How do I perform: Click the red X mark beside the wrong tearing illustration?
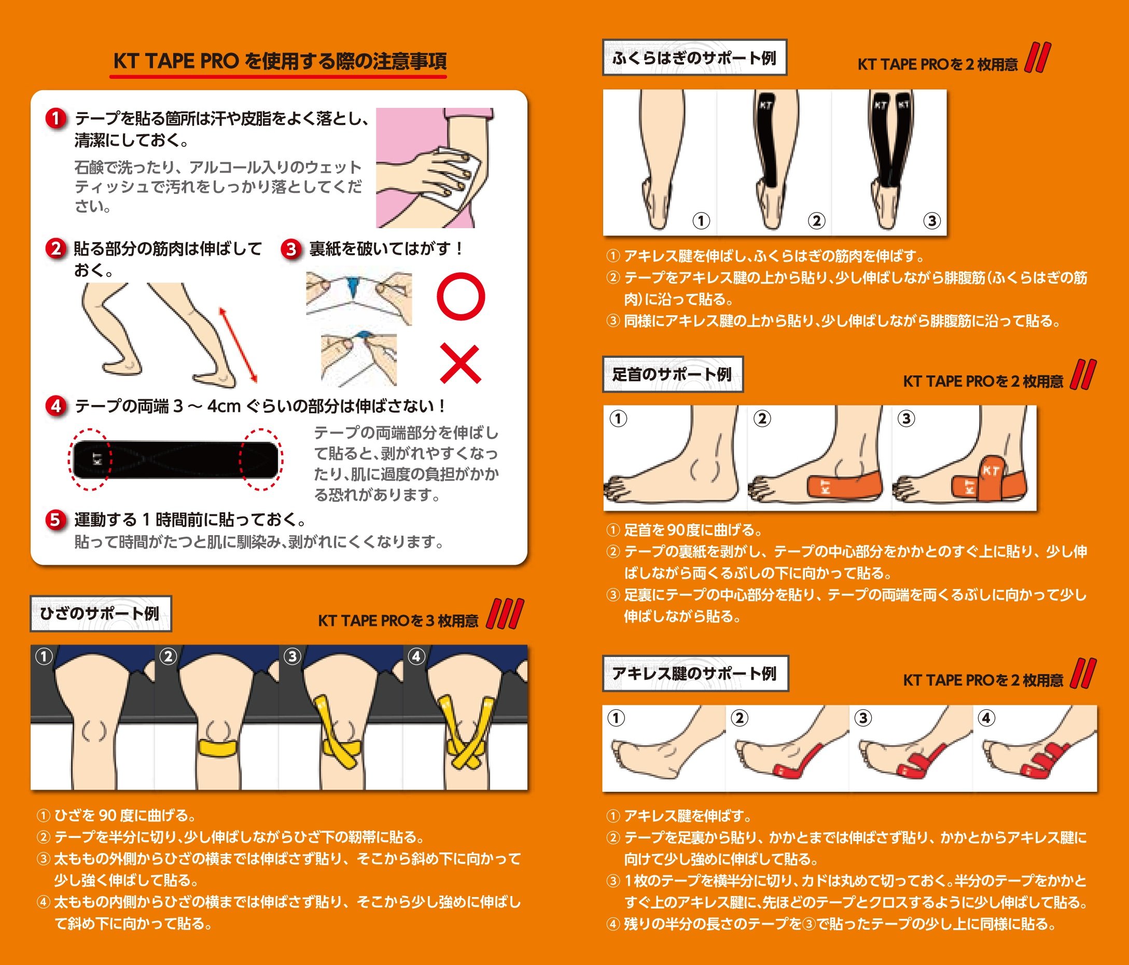tap(461, 363)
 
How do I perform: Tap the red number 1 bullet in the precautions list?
tap(55, 119)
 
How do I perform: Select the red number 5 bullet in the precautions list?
tap(55, 520)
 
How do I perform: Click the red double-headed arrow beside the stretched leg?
tap(238, 344)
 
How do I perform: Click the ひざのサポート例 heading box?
tap(101, 613)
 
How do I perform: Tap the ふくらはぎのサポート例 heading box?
tap(695, 57)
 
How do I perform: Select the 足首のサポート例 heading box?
tap(673, 374)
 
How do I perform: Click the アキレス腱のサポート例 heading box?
tap(695, 674)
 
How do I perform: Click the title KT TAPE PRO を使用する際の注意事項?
tap(280, 61)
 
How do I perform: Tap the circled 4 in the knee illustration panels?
tap(417, 656)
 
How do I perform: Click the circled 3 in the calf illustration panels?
tap(932, 221)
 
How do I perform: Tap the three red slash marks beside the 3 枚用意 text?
tap(505, 613)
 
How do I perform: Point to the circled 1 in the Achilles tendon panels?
tap(616, 718)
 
